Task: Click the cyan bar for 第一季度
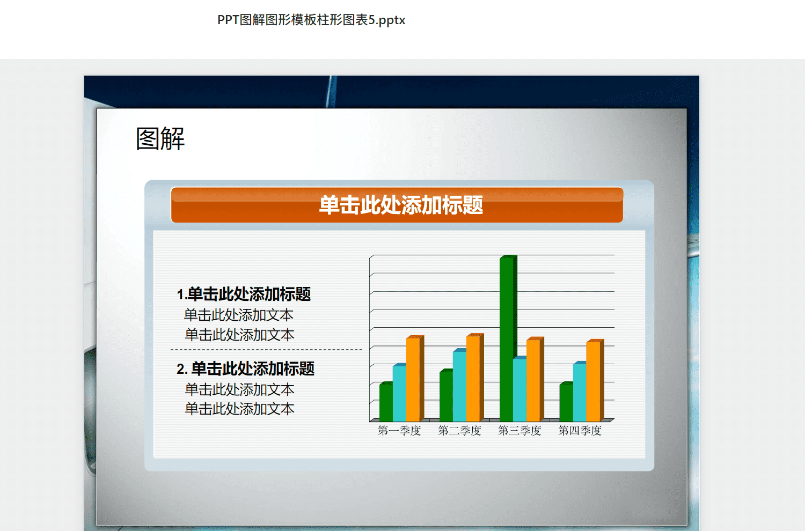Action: pos(400,393)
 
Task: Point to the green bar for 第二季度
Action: pos(447,395)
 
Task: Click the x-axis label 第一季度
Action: pos(399,430)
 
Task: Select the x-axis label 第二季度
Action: pos(459,430)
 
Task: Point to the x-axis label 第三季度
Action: pos(519,430)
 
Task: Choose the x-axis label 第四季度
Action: pos(580,430)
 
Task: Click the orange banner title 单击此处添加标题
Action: pos(401,205)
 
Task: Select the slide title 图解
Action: pos(160,138)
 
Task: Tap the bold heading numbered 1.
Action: pos(244,294)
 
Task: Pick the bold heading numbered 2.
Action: pos(245,369)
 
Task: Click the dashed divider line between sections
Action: pos(266,349)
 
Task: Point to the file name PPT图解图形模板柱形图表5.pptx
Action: pos(311,20)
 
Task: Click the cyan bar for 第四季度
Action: pos(580,392)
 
